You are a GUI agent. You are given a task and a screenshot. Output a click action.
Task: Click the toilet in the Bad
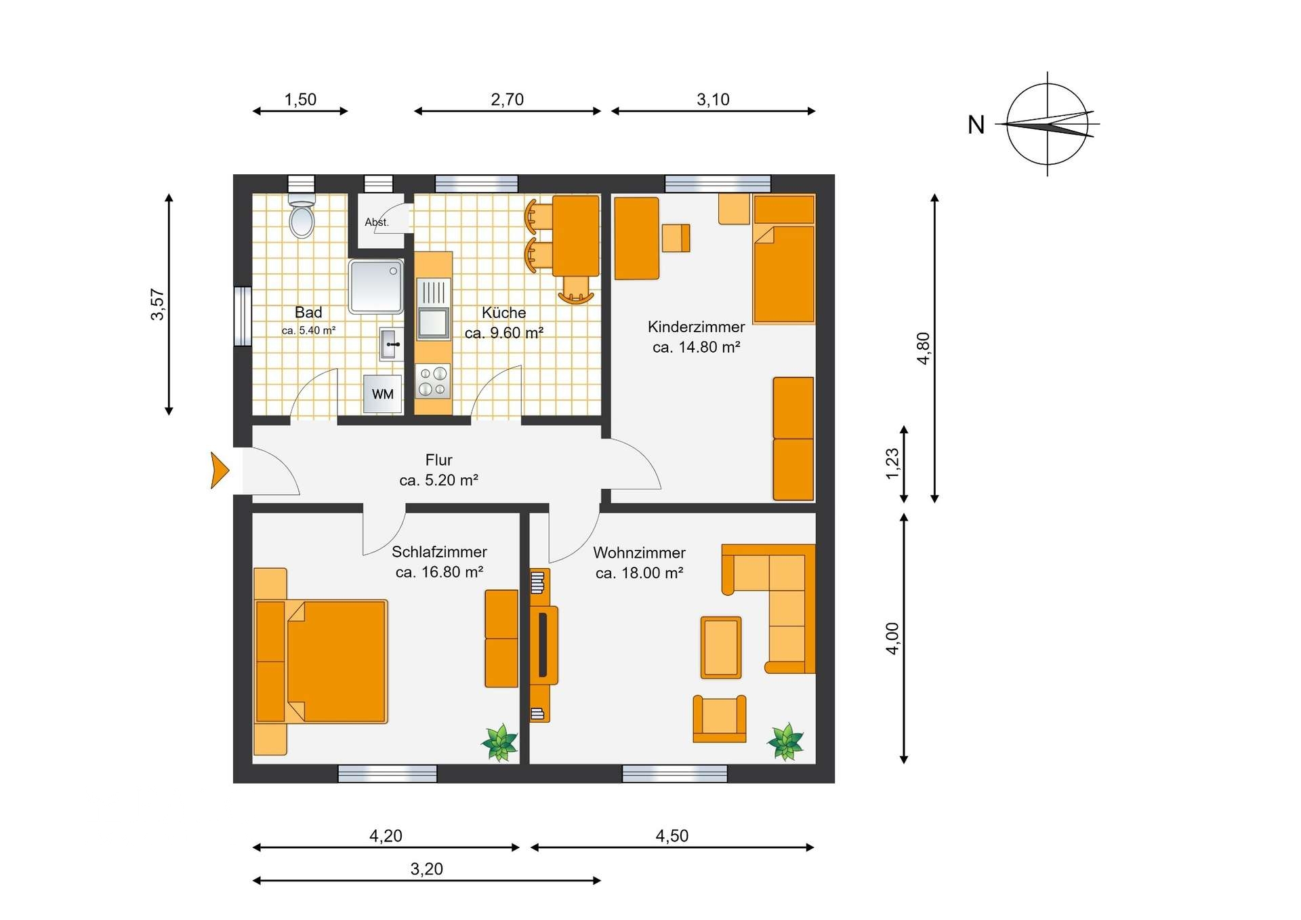tap(302, 215)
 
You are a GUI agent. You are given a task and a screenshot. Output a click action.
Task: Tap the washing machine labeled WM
tap(382, 394)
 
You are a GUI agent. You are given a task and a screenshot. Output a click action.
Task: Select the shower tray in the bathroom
tap(376, 287)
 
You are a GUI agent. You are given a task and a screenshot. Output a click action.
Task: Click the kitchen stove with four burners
tap(433, 381)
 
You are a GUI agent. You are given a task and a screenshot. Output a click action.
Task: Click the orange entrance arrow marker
tap(220, 470)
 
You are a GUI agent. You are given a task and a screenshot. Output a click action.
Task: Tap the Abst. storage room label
tap(377, 222)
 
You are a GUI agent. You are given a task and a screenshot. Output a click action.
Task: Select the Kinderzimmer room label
tap(696, 327)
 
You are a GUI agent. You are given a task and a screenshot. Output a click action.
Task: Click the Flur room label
tap(439, 460)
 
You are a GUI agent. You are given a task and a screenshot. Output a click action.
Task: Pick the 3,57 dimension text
tap(157, 304)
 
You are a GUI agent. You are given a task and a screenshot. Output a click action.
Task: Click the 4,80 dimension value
tap(923, 348)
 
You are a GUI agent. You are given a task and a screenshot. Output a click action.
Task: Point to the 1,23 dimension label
tap(892, 464)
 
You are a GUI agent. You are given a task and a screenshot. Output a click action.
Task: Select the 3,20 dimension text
tap(427, 868)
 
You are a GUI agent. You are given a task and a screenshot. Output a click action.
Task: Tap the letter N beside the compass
tap(976, 125)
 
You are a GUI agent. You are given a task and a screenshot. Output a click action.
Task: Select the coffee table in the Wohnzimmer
tap(720, 647)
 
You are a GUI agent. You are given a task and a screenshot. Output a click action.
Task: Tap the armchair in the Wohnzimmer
tap(720, 719)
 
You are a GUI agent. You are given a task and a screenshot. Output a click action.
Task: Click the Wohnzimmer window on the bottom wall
tap(674, 774)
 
